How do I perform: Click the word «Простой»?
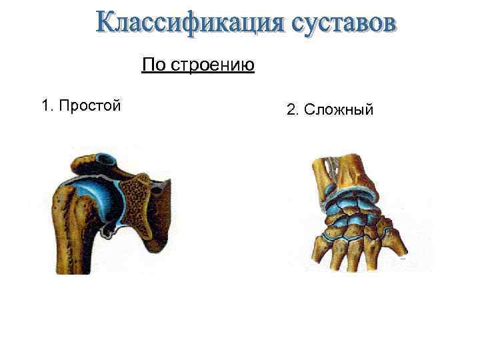pos(89,105)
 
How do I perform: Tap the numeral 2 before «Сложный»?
pos(291,109)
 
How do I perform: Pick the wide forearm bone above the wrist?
pos(357,170)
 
